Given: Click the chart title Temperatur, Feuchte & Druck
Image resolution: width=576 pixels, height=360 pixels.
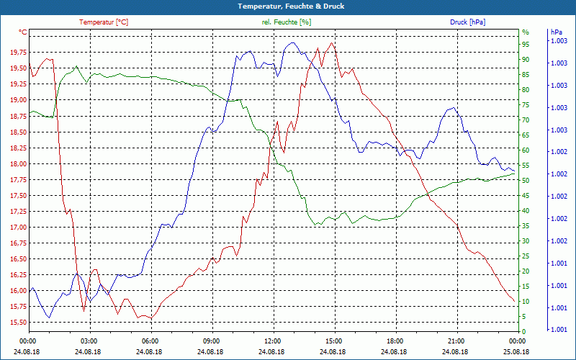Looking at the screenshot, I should pos(288,6).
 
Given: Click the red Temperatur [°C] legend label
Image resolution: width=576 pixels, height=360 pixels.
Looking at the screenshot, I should pos(104,22).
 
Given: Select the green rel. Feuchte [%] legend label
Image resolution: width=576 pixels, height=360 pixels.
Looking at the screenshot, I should pos(287,22).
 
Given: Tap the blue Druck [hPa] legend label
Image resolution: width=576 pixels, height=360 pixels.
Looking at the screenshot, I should pos(467,22).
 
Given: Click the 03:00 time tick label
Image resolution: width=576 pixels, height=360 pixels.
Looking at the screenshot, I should pos(89,341).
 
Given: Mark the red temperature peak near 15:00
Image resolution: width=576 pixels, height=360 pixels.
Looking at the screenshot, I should pos(331,43).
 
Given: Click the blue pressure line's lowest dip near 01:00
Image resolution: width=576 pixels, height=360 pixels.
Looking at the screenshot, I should pos(49,318).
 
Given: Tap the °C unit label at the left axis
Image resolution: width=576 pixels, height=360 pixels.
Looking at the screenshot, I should pos(23,32).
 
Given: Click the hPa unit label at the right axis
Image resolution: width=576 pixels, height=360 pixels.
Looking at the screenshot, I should pos(557,32).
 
